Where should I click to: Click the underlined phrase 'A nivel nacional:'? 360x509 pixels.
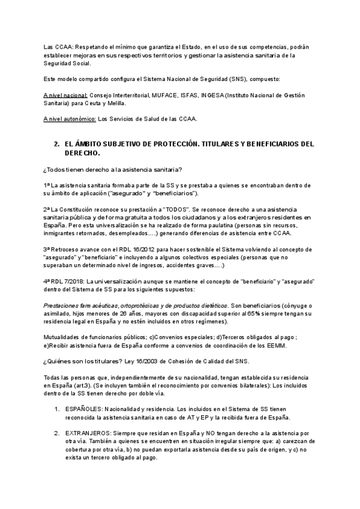66,95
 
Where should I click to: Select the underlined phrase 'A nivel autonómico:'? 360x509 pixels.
70,119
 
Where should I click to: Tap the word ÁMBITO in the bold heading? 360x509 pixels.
93,145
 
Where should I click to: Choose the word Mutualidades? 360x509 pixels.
64,337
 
